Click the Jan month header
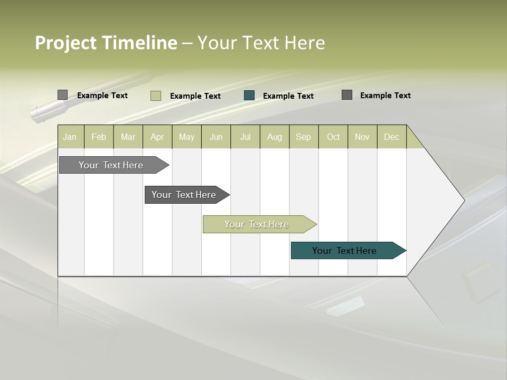(70, 137)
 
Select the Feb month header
(99, 137)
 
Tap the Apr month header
(157, 137)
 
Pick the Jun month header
(216, 137)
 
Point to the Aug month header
(275, 137)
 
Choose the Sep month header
(304, 137)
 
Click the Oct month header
(333, 137)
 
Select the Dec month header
(392, 137)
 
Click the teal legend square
(249, 96)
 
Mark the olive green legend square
(156, 96)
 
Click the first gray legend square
(63, 95)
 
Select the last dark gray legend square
(347, 95)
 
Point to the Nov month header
(362, 137)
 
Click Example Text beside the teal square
(288, 96)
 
